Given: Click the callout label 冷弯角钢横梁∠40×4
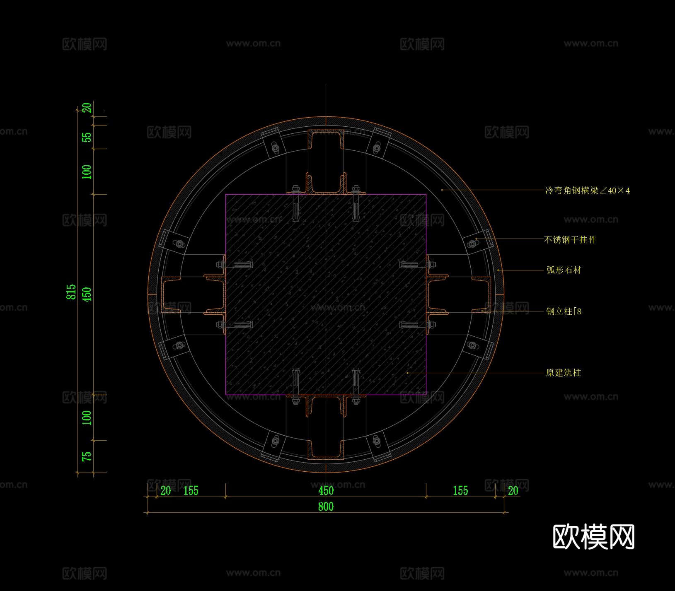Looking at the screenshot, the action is pyautogui.click(x=588, y=191).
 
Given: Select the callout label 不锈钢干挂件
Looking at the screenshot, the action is pyautogui.click(x=570, y=239).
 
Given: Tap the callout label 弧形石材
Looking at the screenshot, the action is pyautogui.click(x=564, y=270).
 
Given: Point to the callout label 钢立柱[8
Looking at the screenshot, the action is pyautogui.click(x=564, y=311).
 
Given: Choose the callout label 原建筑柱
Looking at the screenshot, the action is pyautogui.click(x=564, y=373).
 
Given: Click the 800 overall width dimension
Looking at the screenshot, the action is pyautogui.click(x=326, y=506).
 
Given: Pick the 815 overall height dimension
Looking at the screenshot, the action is pyautogui.click(x=71, y=292).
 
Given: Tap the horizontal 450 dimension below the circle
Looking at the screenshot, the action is pyautogui.click(x=326, y=491).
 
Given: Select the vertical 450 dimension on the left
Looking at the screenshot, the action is pyautogui.click(x=87, y=294).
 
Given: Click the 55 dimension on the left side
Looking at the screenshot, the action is pyautogui.click(x=87, y=137).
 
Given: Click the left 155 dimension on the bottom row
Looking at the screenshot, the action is pyautogui.click(x=191, y=491).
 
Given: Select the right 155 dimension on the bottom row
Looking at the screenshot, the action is pyautogui.click(x=460, y=491).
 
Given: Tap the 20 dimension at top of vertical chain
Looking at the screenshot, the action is pyautogui.click(x=87, y=108).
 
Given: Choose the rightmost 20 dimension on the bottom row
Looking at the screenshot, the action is pyautogui.click(x=513, y=491).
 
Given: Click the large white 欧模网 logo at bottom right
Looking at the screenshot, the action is pyautogui.click(x=594, y=537).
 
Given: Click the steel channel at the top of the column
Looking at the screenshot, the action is pyautogui.click(x=326, y=162).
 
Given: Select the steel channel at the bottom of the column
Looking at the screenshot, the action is pyautogui.click(x=326, y=427).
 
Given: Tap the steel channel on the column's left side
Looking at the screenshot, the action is pyautogui.click(x=193, y=294).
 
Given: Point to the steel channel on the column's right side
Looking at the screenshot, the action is pyautogui.click(x=459, y=294).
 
